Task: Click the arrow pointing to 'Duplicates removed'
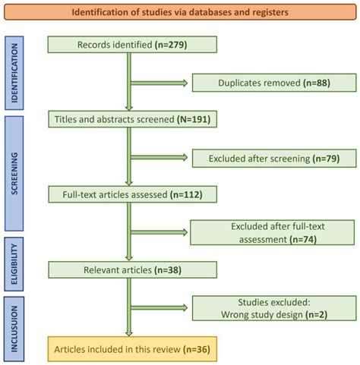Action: [x=159, y=82]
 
